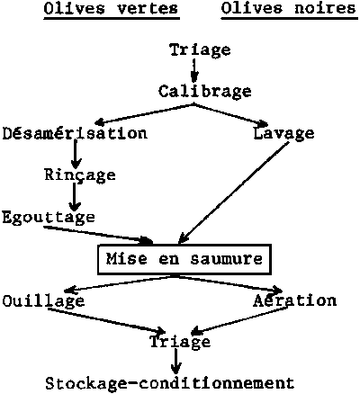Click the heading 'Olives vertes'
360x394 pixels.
click(112, 9)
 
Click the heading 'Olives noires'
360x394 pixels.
click(288, 9)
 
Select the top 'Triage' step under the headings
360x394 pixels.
click(200, 49)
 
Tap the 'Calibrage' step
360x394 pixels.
click(205, 92)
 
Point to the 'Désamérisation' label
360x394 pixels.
click(75, 133)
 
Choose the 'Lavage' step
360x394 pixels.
click(283, 134)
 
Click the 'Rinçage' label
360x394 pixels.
click(80, 175)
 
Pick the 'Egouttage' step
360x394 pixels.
click(49, 217)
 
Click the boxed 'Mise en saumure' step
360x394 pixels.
click(184, 259)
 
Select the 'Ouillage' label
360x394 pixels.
click(43, 300)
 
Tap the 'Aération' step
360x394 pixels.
click(294, 300)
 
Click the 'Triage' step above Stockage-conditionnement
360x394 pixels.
click(180, 342)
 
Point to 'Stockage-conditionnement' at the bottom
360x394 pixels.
click(170, 384)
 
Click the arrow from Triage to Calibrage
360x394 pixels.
click(194, 70)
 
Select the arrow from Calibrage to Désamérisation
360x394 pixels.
click(143, 114)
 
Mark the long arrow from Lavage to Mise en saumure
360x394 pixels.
click(233, 193)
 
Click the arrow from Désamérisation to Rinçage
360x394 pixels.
click(76, 155)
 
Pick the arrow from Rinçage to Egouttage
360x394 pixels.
click(75, 197)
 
